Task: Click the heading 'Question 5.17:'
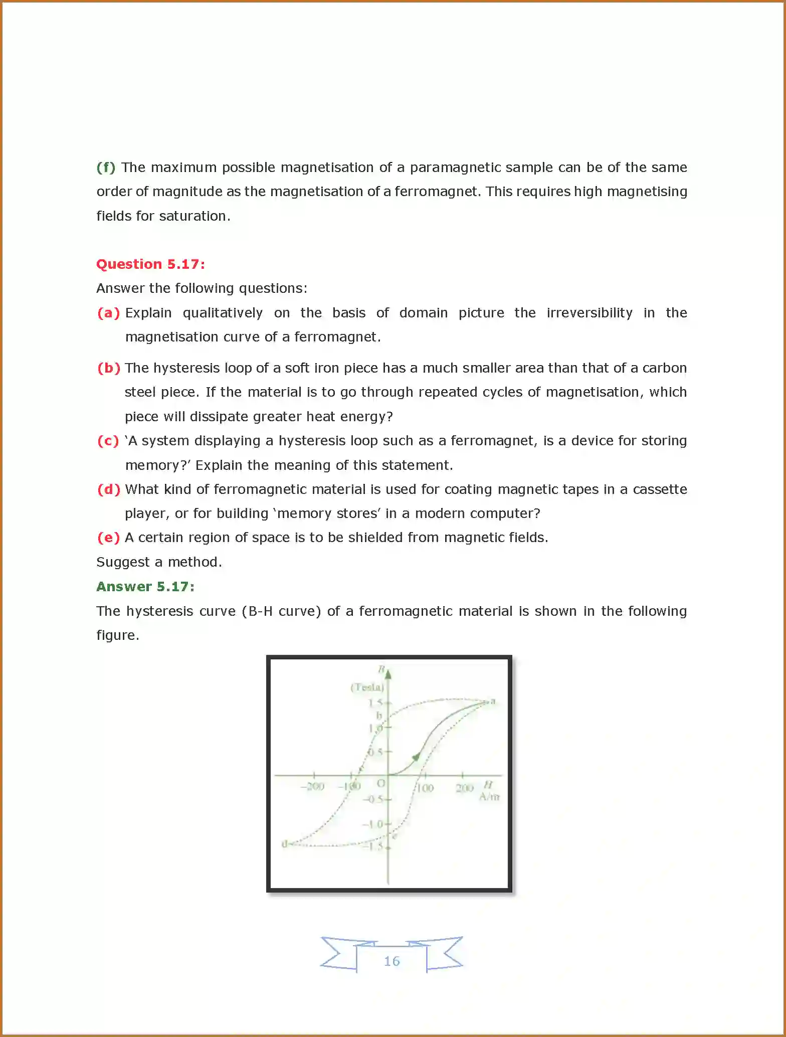(150, 264)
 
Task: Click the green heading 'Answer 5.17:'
(145, 586)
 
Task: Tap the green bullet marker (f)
(106, 167)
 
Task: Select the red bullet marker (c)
(108, 441)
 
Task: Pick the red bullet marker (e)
(108, 538)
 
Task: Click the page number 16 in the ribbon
(391, 961)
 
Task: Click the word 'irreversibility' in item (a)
(589, 313)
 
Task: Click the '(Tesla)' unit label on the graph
(367, 687)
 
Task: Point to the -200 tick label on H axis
(312, 787)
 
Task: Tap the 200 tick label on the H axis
(464, 788)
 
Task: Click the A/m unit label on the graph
(489, 797)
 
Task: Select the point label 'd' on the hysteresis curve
(284, 844)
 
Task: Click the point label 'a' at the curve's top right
(493, 701)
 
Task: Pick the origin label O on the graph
(380, 783)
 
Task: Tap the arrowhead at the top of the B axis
(388, 672)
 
